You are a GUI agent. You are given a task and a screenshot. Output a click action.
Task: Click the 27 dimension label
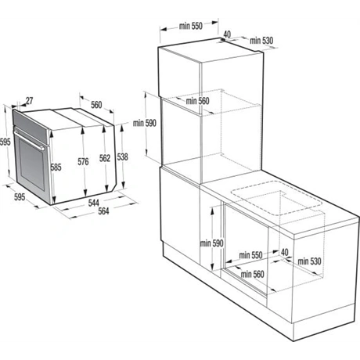click(30, 101)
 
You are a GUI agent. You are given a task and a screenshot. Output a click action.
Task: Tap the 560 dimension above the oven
click(96, 105)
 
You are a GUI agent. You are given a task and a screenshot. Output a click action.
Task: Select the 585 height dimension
click(56, 167)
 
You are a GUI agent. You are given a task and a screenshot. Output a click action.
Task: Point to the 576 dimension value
click(83, 162)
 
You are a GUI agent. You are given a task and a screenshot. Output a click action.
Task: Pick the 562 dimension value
click(105, 158)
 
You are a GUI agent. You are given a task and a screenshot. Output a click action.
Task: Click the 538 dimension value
click(122, 157)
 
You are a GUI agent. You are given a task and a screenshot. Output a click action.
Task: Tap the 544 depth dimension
click(93, 203)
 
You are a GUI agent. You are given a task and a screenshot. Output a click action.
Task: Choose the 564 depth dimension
click(103, 211)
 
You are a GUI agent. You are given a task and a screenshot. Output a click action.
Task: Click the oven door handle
click(29, 140)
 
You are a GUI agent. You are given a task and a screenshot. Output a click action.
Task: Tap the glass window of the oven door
click(32, 164)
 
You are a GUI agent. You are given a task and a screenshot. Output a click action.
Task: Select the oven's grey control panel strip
click(30, 126)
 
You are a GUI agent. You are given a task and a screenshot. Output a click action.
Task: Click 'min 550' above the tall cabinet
click(191, 26)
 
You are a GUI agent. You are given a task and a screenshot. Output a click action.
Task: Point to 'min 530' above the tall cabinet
click(261, 41)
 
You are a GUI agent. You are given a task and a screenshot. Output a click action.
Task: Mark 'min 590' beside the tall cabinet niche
click(145, 123)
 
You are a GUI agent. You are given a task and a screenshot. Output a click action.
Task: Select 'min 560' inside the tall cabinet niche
click(197, 101)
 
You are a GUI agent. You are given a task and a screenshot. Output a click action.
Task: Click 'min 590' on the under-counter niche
click(212, 243)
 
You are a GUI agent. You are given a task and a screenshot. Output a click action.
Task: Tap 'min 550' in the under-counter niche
click(250, 255)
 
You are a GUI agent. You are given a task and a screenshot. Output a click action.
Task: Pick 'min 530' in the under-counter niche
click(309, 261)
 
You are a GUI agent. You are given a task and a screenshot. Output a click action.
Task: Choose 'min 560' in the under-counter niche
click(253, 274)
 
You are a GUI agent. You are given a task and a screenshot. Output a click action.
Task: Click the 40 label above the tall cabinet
click(227, 34)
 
